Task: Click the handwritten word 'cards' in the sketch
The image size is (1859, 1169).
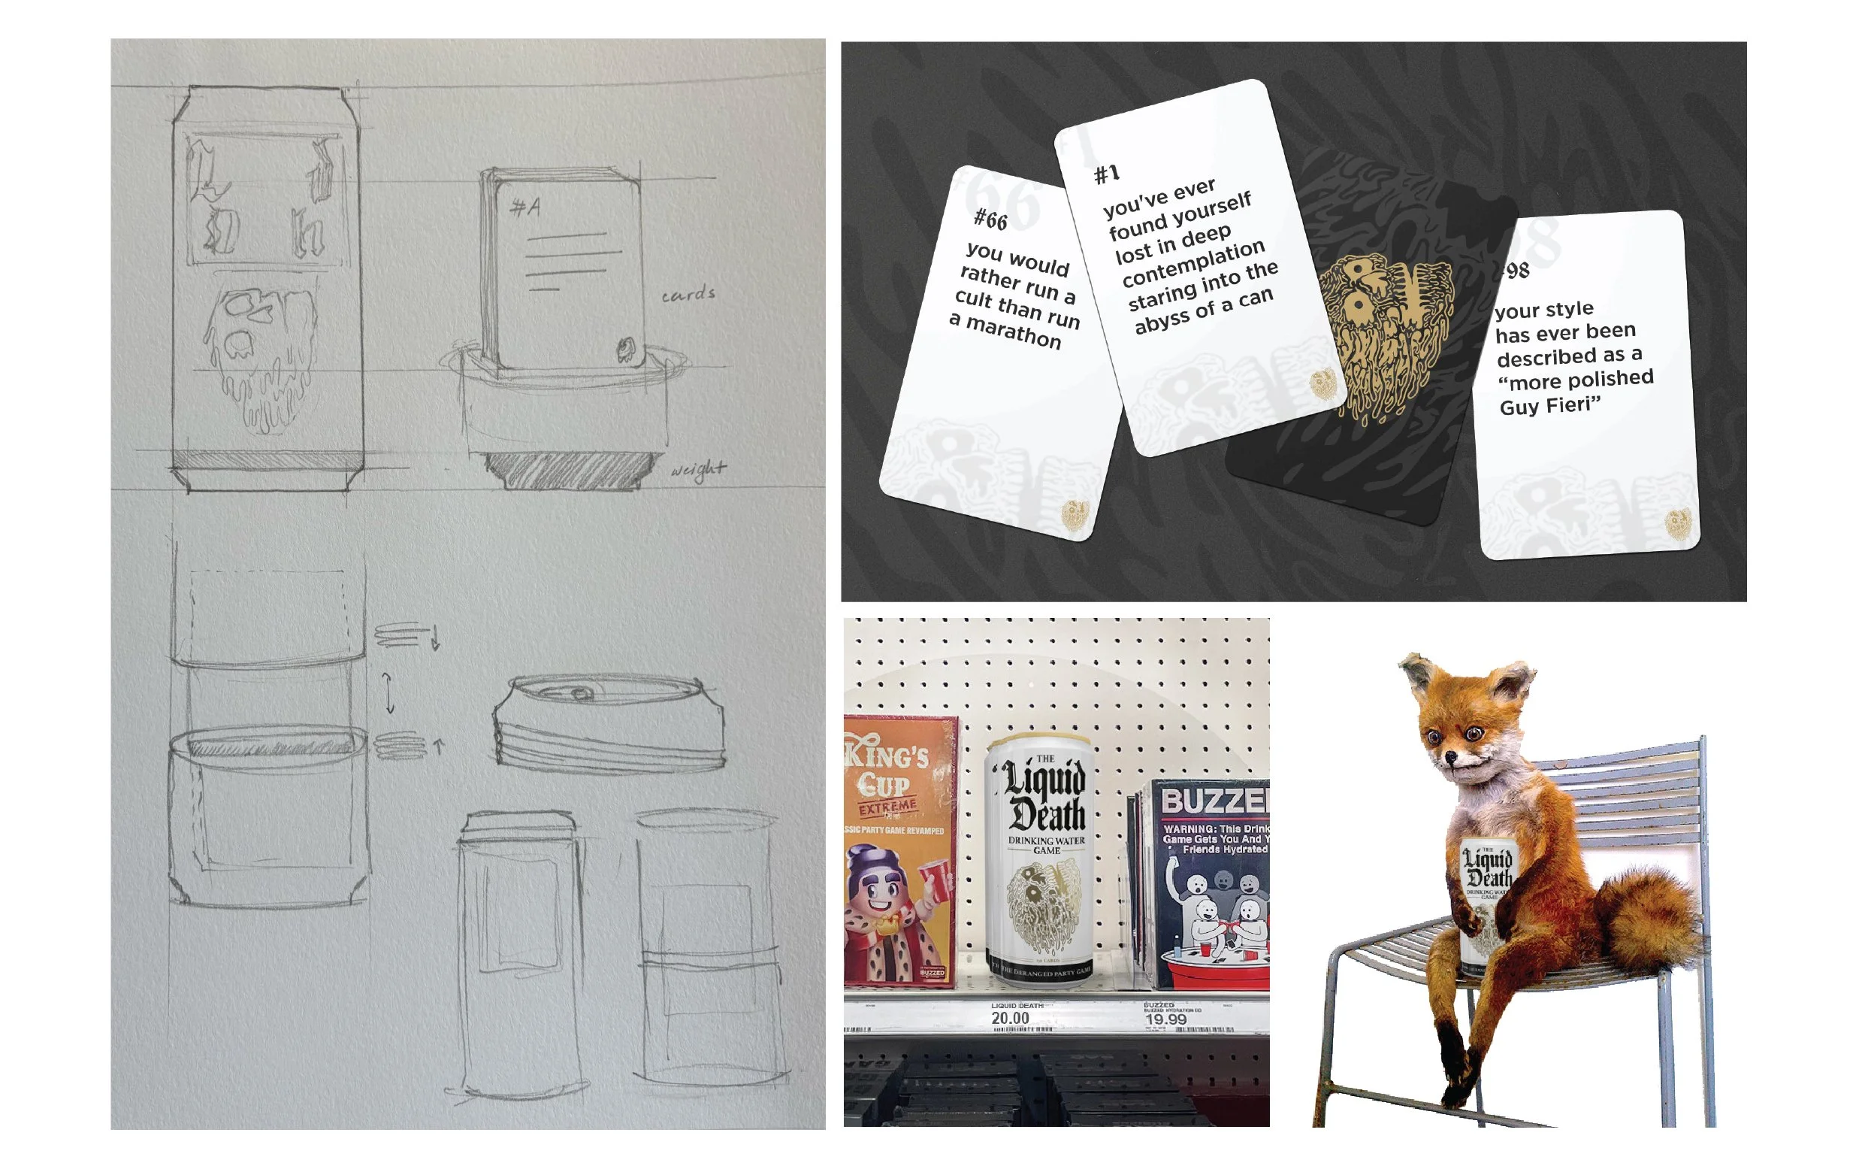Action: pos(688,294)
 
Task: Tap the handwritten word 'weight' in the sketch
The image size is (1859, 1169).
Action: pos(698,469)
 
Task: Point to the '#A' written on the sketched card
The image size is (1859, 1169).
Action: pos(525,207)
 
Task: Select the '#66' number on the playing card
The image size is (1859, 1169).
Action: pos(990,220)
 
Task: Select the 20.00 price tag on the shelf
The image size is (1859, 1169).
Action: pos(1010,1019)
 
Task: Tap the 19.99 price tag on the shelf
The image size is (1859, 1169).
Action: pos(1165,1019)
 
